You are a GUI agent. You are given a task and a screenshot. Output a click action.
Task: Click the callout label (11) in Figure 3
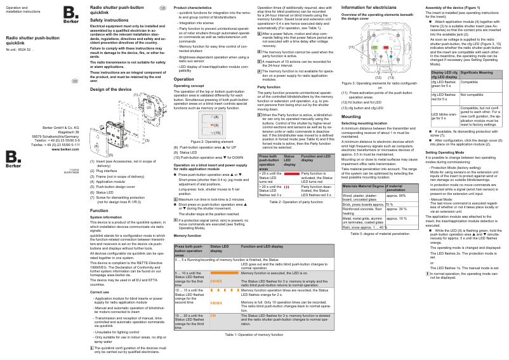tap(352, 48)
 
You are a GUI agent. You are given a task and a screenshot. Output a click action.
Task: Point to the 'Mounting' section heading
tap(351, 117)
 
